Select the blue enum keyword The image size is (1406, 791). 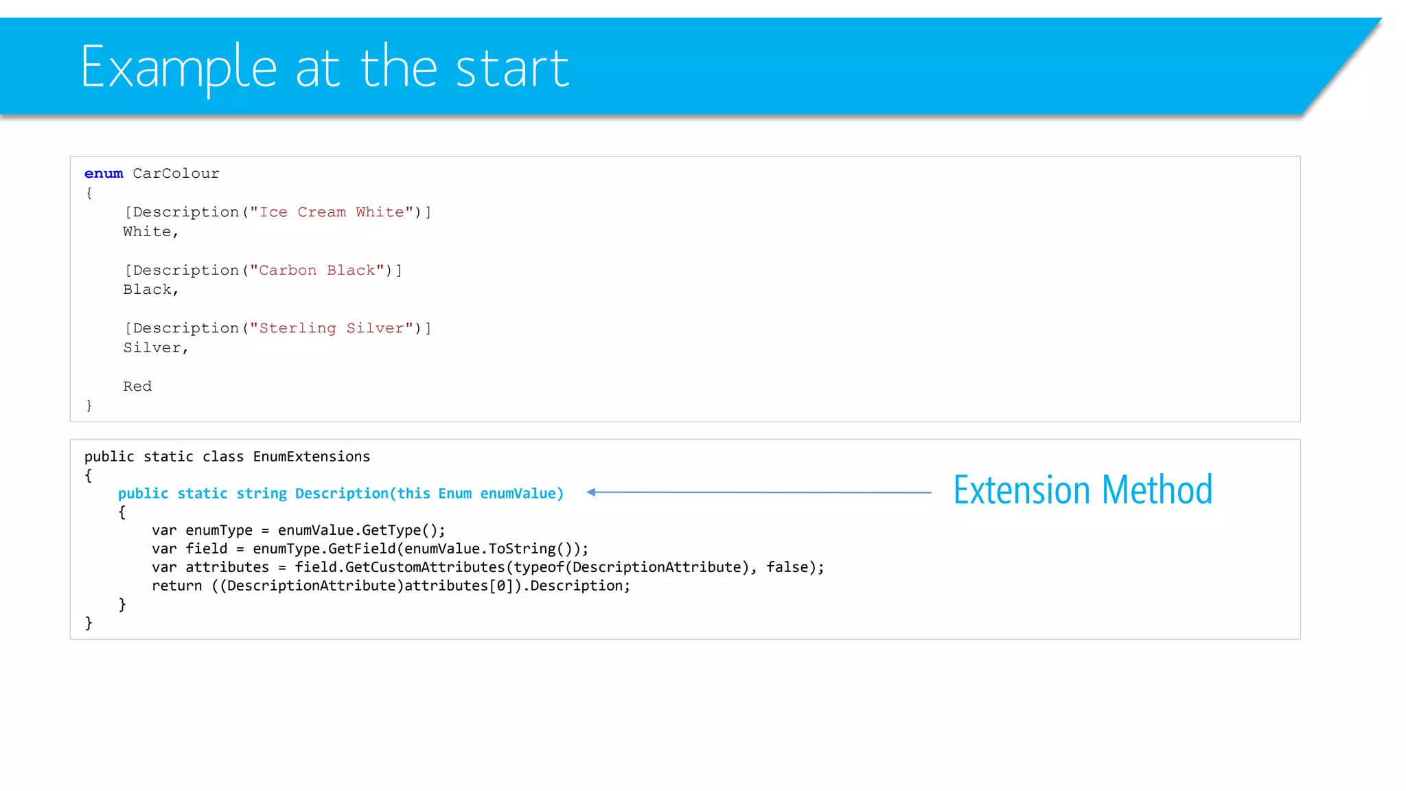(104, 174)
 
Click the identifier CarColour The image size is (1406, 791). (176, 174)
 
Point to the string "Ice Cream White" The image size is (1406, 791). (331, 212)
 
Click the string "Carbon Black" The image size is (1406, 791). (316, 271)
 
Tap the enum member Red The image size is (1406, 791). (137, 387)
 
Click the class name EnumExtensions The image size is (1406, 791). (311, 457)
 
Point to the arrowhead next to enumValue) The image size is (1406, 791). (591, 492)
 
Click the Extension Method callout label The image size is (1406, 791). (1083, 490)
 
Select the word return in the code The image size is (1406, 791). (176, 586)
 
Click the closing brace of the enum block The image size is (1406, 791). (89, 406)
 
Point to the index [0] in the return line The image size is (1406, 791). (500, 586)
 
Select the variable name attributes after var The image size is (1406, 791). (227, 567)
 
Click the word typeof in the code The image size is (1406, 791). (539, 567)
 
